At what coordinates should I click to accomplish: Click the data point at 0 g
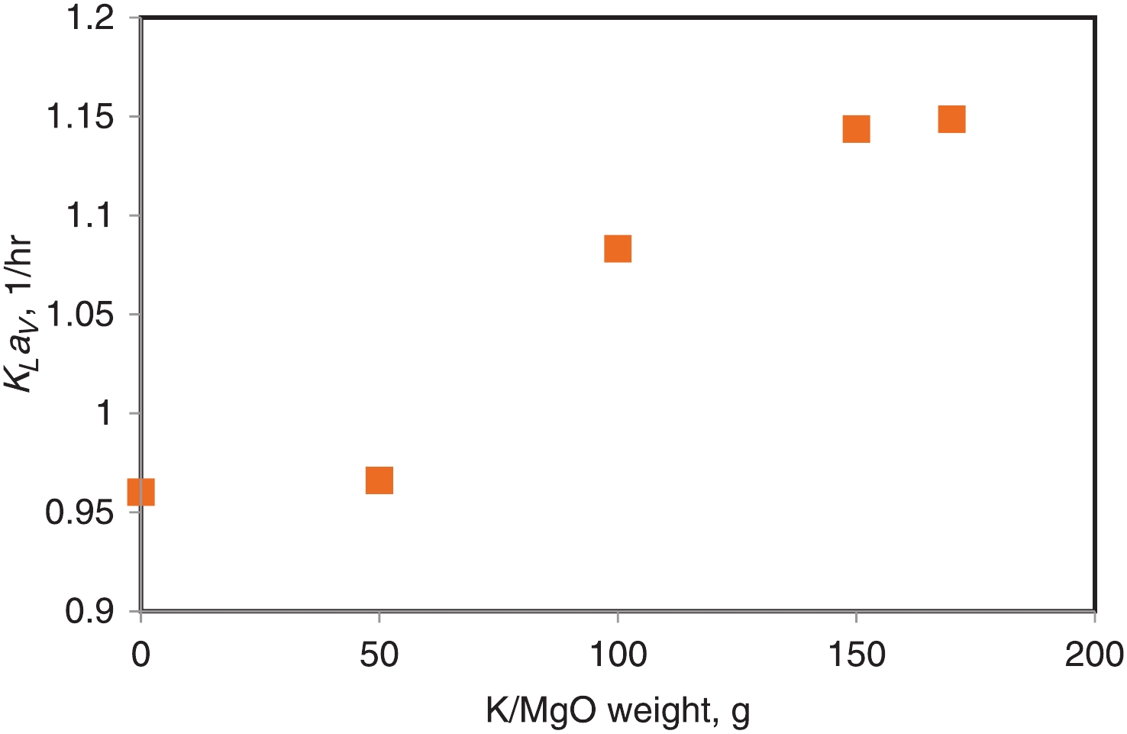pos(141,492)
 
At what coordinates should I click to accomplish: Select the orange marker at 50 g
pos(379,480)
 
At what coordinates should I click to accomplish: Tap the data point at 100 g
pos(618,248)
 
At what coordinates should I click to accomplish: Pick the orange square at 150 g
pos(857,129)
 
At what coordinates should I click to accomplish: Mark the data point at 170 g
pos(951,119)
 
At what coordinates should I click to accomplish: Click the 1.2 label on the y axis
pos(90,18)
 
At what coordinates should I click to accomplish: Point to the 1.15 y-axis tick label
pos(80,118)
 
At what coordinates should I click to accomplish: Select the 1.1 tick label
pos(90,216)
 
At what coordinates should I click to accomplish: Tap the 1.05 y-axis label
pos(80,315)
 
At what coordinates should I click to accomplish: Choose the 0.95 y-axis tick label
pos(80,513)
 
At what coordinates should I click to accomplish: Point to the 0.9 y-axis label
pos(90,611)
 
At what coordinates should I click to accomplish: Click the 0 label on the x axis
pos(141,656)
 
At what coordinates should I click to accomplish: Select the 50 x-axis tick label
pos(379,656)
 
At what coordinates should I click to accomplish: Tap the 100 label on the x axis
pos(618,656)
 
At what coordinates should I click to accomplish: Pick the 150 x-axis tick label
pos(857,656)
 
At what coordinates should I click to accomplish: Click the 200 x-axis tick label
pos(1094,656)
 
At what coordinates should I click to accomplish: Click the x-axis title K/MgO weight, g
pos(618,712)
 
